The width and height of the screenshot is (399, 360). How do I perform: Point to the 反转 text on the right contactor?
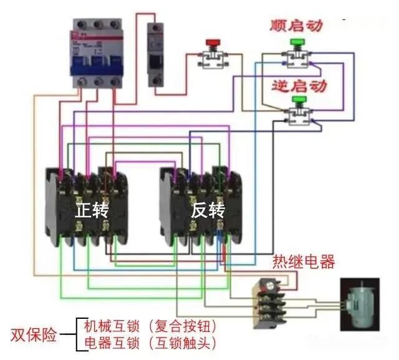point(208,210)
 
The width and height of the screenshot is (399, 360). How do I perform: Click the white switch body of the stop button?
point(213,58)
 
